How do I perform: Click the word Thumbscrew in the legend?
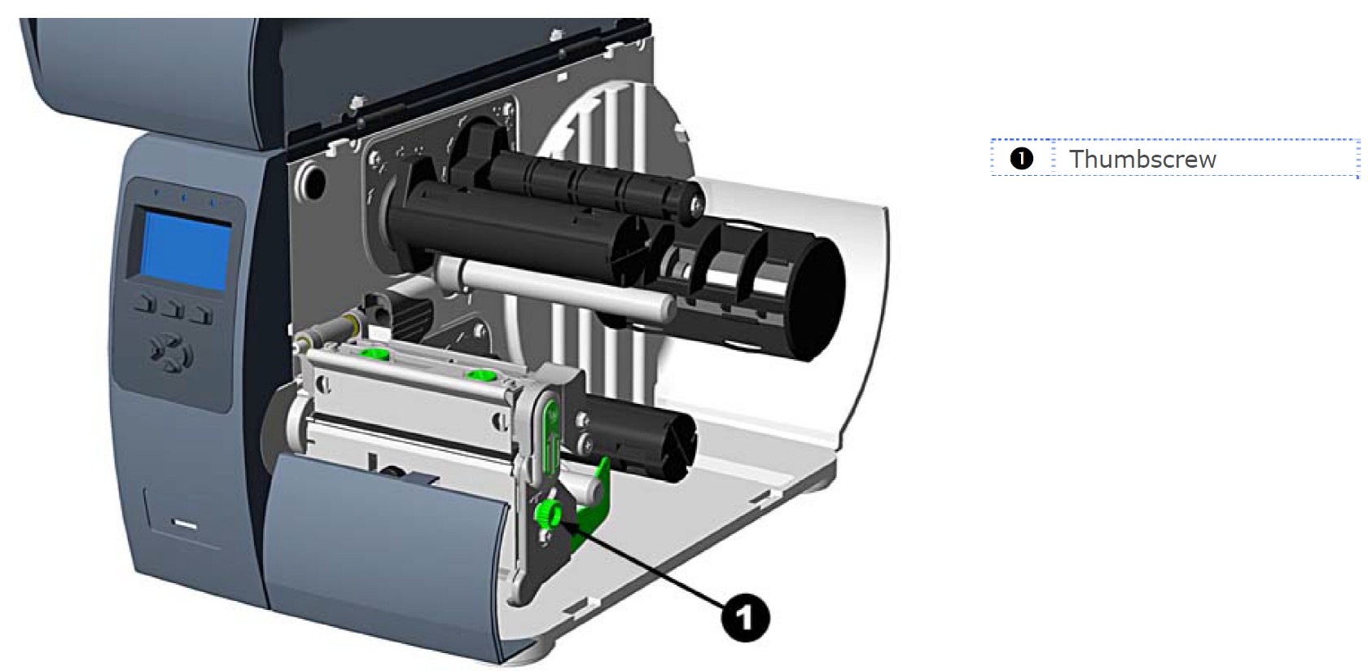point(1142,159)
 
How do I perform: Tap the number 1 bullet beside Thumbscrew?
point(1021,158)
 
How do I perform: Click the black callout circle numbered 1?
point(744,617)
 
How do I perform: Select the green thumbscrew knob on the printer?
point(546,513)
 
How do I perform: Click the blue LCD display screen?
point(186,248)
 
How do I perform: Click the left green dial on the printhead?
point(375,353)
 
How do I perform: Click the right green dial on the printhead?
point(480,375)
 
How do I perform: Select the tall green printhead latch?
point(551,432)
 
